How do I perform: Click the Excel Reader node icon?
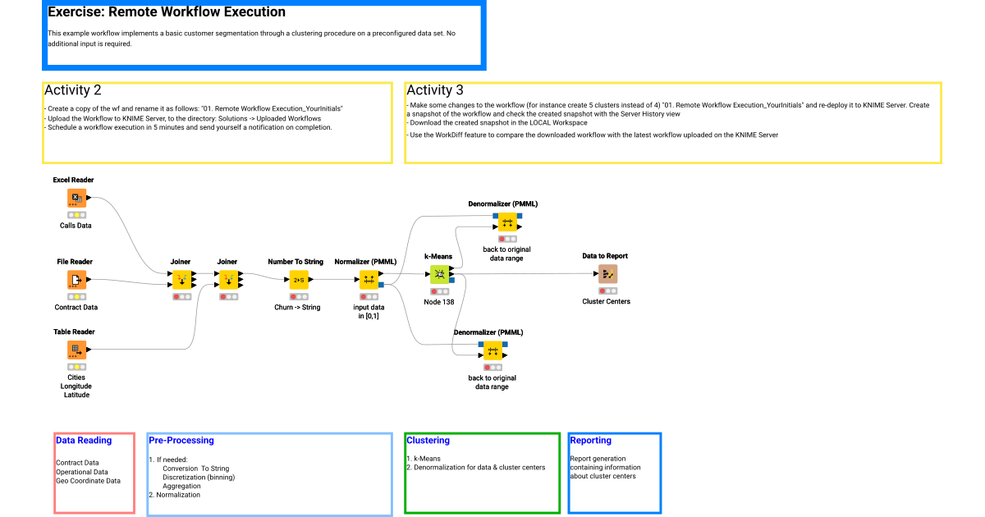tap(76, 198)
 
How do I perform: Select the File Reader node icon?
tap(76, 281)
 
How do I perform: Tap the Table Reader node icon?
tap(76, 350)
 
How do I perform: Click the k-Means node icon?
tap(440, 274)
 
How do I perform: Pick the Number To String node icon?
tap(298, 280)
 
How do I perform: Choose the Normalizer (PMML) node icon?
tap(369, 280)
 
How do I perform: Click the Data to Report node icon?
tap(607, 274)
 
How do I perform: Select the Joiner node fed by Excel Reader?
tap(181, 280)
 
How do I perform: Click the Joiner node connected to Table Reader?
tap(228, 280)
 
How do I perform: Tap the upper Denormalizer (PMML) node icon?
tap(506, 222)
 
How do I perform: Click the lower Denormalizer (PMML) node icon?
tap(492, 351)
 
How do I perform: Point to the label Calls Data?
tap(76, 225)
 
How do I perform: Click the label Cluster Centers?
tap(607, 301)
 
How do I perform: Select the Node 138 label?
tap(439, 302)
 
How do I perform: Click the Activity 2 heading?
tap(73, 90)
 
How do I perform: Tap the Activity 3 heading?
tap(435, 90)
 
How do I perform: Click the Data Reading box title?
tap(84, 441)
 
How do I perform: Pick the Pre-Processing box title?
tap(181, 441)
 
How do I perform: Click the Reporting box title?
tap(590, 441)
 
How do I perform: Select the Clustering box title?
tap(428, 441)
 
